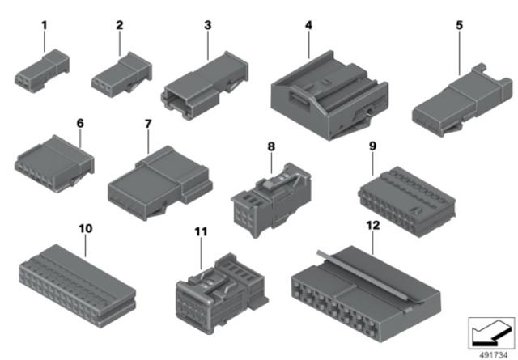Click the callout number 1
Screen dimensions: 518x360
(x=45, y=25)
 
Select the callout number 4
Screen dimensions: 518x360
(x=308, y=25)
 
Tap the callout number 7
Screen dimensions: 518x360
(x=148, y=124)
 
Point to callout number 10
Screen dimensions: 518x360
(x=86, y=228)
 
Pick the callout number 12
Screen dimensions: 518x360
(x=373, y=225)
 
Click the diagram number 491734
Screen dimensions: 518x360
(x=493, y=354)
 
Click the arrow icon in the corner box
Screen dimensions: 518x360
(x=491, y=333)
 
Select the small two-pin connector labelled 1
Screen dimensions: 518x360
(x=42, y=71)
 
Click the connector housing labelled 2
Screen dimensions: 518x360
(x=121, y=75)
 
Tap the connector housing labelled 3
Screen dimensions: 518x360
(x=205, y=85)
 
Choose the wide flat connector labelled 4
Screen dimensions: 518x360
(x=329, y=95)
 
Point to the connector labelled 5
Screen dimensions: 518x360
(x=462, y=100)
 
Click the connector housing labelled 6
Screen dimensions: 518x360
(x=54, y=163)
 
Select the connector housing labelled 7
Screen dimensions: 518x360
(x=160, y=184)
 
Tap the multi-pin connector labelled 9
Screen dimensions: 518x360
(x=406, y=201)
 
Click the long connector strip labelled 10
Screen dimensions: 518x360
(x=78, y=286)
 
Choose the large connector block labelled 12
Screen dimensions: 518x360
(x=366, y=294)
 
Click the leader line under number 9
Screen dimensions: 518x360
(x=372, y=163)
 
